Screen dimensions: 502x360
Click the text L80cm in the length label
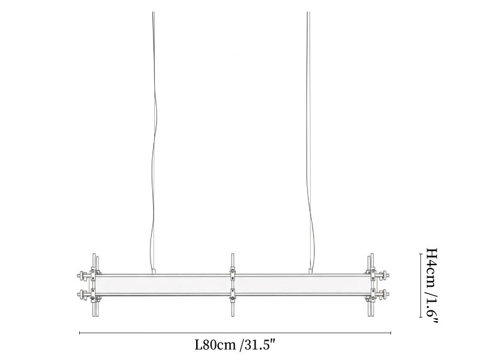click(x=215, y=345)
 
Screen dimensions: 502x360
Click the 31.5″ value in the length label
click(x=260, y=345)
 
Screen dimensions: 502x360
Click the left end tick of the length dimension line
click(x=79, y=333)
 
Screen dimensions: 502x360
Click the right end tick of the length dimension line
click(x=390, y=333)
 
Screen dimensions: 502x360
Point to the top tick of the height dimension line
click(x=420, y=254)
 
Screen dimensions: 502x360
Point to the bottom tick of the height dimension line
click(x=420, y=317)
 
